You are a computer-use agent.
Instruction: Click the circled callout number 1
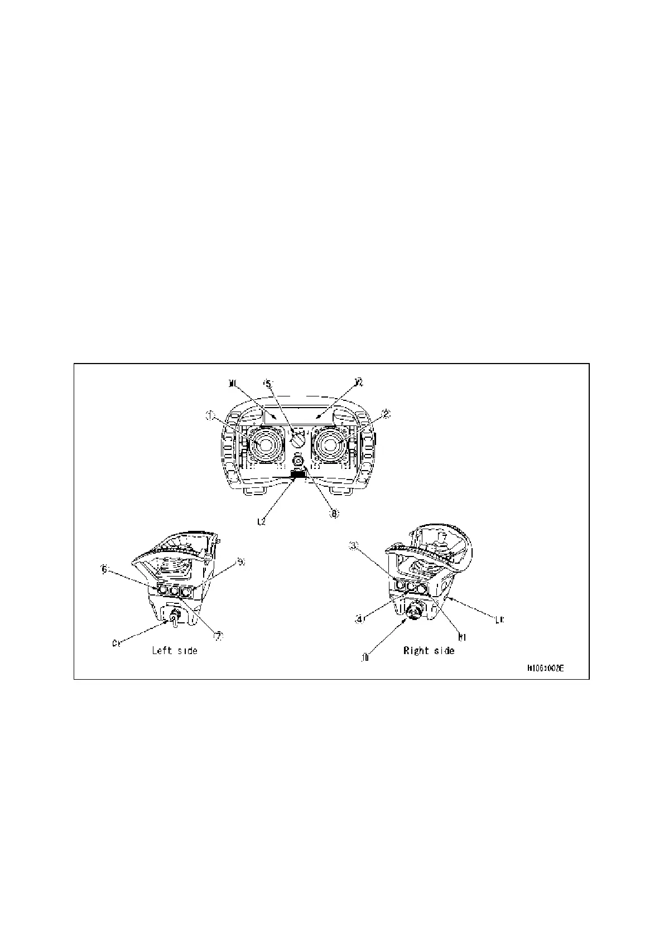pos(210,415)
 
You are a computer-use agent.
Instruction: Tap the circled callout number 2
pos(386,414)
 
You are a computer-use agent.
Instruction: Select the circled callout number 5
pos(268,384)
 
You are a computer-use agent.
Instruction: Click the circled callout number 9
pos(241,562)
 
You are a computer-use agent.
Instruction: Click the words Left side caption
pos(175,650)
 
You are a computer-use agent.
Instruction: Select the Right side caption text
pos(429,650)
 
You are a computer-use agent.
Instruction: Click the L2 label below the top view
pos(261,521)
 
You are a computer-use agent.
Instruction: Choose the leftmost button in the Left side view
pos(162,589)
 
